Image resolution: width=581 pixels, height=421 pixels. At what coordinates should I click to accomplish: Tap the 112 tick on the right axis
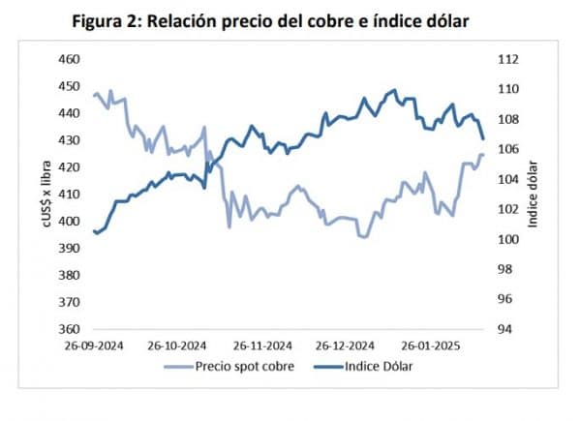pyautogui.click(x=506, y=59)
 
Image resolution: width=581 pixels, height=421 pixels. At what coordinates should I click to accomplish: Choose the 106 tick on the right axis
pyautogui.click(x=506, y=149)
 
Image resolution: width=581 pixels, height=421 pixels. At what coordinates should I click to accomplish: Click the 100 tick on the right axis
pyautogui.click(x=506, y=239)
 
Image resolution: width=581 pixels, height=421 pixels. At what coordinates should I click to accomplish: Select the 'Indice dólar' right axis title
pyautogui.click(x=533, y=195)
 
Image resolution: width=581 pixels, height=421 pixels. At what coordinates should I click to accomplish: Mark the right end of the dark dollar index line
pyautogui.click(x=482, y=139)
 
